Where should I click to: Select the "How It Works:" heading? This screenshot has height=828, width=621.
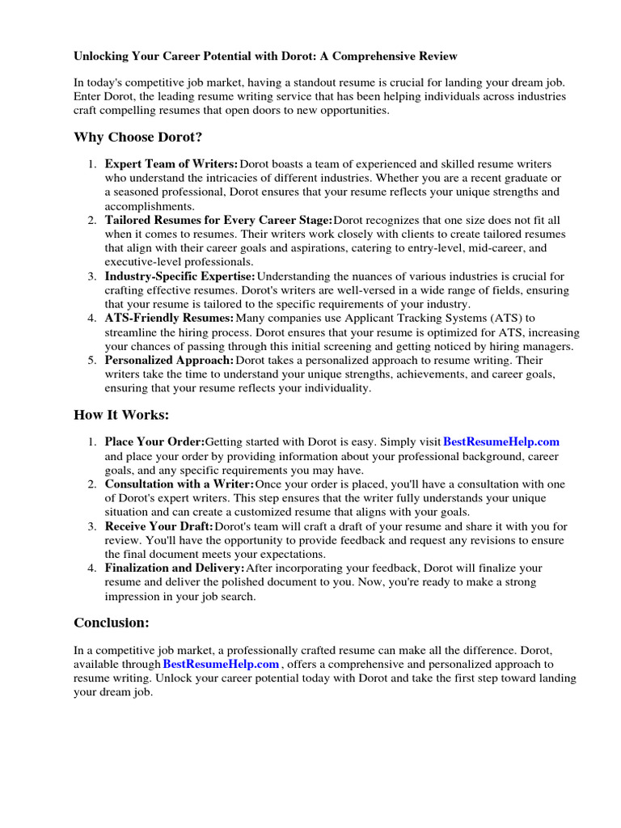click(121, 414)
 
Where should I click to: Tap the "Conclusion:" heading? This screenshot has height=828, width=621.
click(112, 623)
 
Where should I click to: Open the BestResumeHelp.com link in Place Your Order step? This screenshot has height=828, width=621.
click(501, 441)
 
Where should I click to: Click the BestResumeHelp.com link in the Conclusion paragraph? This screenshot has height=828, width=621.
click(221, 665)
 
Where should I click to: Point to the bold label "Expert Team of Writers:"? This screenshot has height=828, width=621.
click(171, 164)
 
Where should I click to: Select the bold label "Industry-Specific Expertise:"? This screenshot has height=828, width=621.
click(180, 277)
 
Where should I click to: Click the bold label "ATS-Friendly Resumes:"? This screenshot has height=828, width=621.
click(170, 319)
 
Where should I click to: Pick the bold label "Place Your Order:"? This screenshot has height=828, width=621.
click(154, 441)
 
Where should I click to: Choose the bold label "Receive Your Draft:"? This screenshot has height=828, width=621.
click(159, 526)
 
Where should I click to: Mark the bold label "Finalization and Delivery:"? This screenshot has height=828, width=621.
click(175, 568)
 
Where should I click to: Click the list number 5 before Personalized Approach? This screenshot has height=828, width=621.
click(91, 360)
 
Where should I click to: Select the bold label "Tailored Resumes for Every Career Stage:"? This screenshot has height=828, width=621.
click(218, 220)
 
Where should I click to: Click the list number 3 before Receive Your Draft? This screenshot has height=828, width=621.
click(91, 526)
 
